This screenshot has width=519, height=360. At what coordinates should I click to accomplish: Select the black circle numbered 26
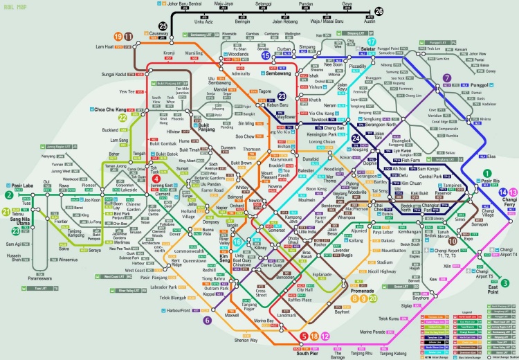coord(379,12)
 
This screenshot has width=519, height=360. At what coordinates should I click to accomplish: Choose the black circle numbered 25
coord(163,26)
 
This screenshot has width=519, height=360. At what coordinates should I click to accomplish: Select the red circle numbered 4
coord(156,179)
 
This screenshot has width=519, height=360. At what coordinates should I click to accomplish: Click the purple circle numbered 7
coord(447,78)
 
